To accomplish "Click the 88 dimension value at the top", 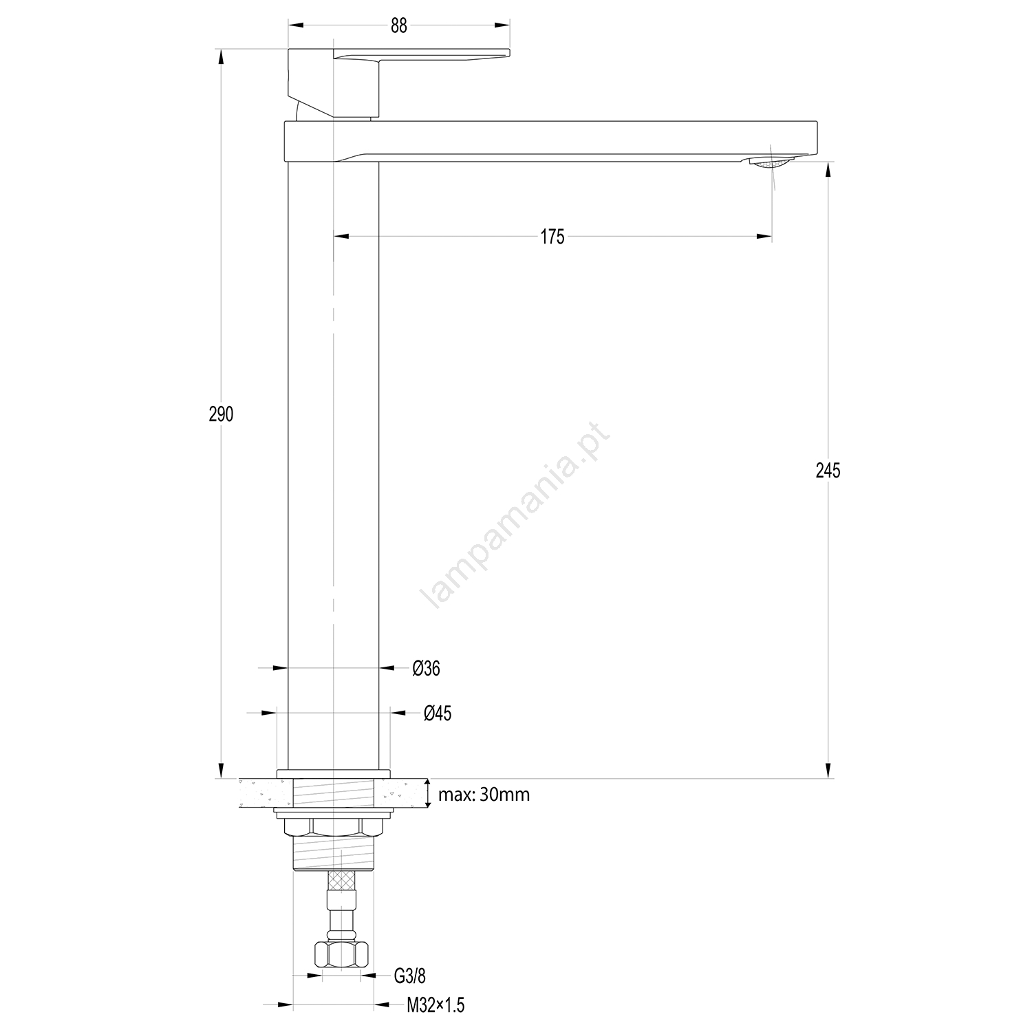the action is click(x=399, y=25).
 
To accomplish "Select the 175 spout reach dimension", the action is click(x=552, y=237).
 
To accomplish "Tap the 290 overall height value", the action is click(x=222, y=414).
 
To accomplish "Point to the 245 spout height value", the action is click(x=828, y=471).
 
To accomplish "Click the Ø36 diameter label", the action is click(x=427, y=668).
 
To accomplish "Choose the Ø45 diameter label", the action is click(x=438, y=713).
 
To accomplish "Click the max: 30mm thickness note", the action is click(x=484, y=795).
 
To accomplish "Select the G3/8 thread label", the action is click(x=409, y=976).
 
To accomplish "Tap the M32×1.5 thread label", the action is click(x=436, y=1006).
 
